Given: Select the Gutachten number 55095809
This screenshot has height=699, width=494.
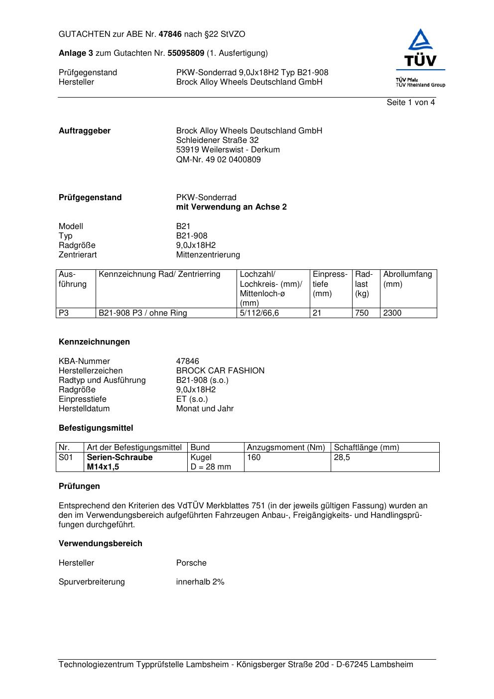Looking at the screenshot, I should [186, 53].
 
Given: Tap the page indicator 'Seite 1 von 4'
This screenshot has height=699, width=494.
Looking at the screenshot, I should [410, 103].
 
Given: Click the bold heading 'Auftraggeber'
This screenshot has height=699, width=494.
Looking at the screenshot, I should [85, 131].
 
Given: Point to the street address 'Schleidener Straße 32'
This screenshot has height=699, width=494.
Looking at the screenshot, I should [217, 140].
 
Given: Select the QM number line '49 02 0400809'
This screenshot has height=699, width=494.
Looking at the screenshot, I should [218, 160].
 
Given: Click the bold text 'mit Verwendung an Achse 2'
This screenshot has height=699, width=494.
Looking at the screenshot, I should [231, 207].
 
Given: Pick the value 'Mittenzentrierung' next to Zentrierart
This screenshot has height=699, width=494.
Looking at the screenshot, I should [208, 255].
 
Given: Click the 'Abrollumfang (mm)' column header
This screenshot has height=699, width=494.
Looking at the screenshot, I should [407, 279].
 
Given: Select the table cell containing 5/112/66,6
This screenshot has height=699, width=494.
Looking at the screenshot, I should [259, 313].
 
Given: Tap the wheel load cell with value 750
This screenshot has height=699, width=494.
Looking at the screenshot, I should [362, 313].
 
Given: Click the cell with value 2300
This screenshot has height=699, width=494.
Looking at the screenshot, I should [392, 313].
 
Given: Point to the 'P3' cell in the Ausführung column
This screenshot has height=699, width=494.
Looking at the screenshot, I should [64, 313].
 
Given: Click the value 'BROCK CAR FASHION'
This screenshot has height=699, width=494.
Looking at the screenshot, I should [220, 371].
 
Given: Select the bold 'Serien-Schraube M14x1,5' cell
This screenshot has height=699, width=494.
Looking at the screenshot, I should [120, 462].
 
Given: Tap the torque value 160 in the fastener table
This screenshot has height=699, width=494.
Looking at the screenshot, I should [253, 458].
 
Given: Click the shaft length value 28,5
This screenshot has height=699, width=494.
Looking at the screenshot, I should [342, 458].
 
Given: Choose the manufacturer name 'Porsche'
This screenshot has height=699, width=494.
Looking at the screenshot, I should [191, 563].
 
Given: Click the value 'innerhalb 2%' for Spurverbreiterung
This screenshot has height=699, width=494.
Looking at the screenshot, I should [200, 582].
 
